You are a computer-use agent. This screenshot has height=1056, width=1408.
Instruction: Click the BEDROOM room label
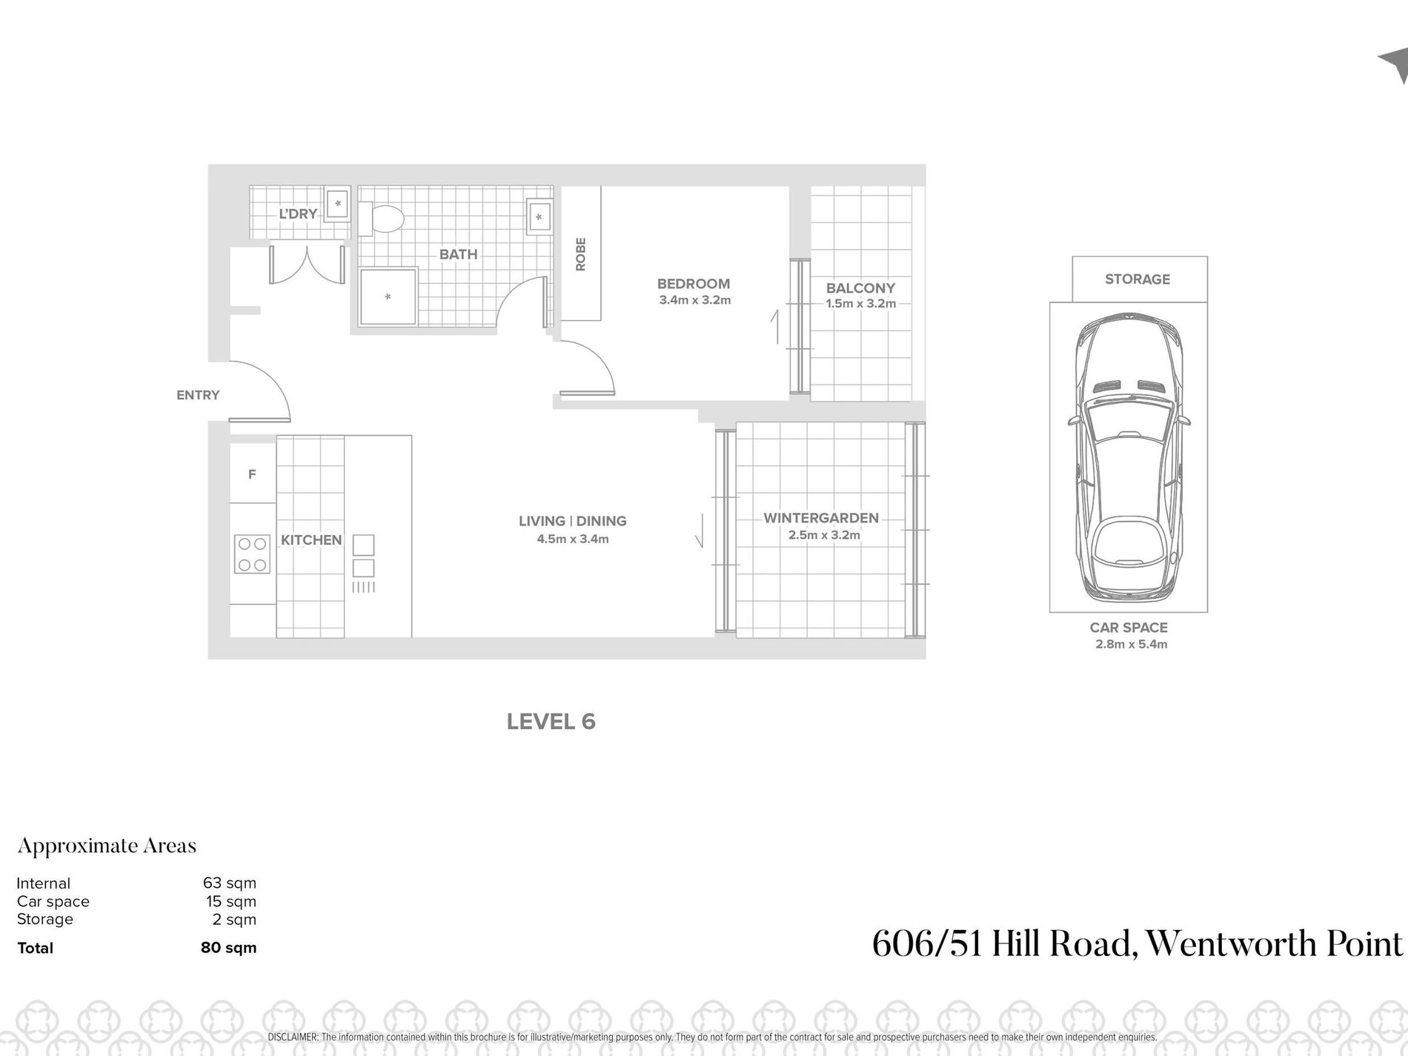693,284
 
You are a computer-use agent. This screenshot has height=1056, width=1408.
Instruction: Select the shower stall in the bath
388,297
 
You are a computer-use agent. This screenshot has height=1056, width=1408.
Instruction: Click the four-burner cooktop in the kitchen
252,554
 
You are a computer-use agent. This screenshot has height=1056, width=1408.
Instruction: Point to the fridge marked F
252,474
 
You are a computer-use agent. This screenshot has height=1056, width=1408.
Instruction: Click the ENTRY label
198,395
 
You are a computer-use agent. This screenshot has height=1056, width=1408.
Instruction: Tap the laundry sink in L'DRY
338,203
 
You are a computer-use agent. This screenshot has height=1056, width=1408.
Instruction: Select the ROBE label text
581,253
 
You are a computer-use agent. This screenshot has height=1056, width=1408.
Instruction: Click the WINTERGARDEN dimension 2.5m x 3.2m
824,535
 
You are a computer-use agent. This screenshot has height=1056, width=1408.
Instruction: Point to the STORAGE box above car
1138,279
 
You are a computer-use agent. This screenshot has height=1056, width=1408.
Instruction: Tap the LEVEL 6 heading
551,722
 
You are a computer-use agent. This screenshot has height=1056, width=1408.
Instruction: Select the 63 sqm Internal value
230,883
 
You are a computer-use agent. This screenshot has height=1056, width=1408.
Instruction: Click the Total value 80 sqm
228,947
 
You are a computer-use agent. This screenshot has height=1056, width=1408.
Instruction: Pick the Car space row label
53,901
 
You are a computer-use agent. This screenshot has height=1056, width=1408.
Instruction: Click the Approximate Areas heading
107,846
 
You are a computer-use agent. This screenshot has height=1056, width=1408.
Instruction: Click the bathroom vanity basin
539,216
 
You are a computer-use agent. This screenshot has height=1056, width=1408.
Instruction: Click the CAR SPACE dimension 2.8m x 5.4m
1131,644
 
